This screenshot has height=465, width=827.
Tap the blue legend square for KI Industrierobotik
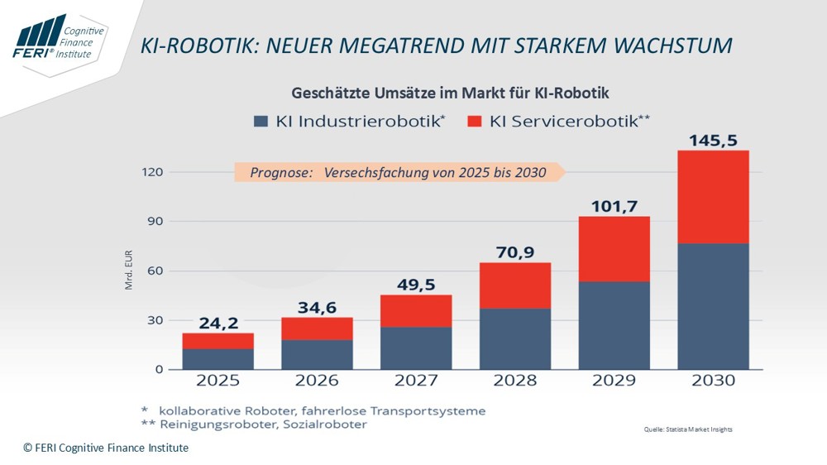click(x=261, y=121)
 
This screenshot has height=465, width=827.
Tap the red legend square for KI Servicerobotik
click(x=474, y=121)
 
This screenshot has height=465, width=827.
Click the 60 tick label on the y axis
click(x=155, y=271)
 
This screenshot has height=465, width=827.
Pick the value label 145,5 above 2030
click(x=713, y=141)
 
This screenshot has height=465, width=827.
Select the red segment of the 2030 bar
click(x=713, y=197)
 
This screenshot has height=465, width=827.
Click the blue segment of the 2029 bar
click(x=614, y=325)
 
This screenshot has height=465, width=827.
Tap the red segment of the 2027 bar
click(x=416, y=310)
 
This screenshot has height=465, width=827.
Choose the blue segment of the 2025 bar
click(x=218, y=358)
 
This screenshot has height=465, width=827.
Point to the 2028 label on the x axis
click(x=515, y=381)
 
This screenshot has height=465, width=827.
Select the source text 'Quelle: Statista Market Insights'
click(x=688, y=429)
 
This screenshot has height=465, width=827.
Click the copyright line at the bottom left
click(x=106, y=448)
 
